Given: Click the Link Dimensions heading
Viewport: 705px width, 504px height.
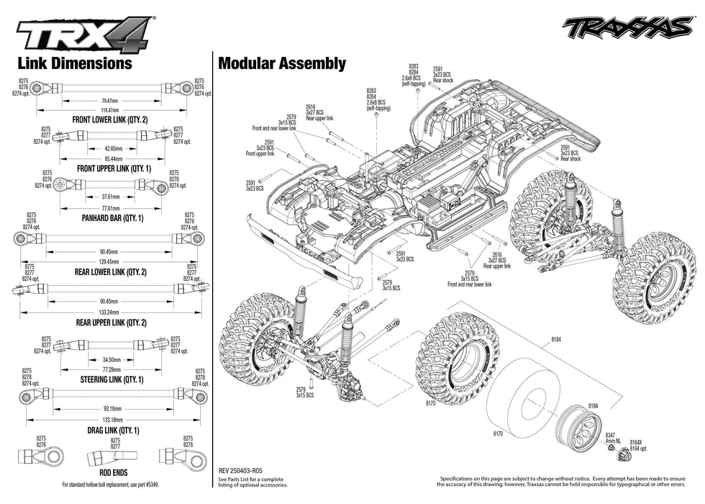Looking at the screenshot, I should pos(75,63).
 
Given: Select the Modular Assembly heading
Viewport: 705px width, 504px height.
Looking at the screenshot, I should pos(282,63).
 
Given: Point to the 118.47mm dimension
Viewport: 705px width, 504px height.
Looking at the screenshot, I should pos(110,110).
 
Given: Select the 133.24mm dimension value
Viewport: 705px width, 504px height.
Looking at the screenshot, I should pos(110,312).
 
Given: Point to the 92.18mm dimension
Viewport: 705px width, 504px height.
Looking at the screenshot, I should pos(110,408).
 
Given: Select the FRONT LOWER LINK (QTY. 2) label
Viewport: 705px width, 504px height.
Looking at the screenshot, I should pos(110,120).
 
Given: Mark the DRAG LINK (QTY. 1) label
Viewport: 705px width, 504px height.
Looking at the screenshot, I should pos(110,430).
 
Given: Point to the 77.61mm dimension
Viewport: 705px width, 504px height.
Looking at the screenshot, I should pos(110,207).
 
